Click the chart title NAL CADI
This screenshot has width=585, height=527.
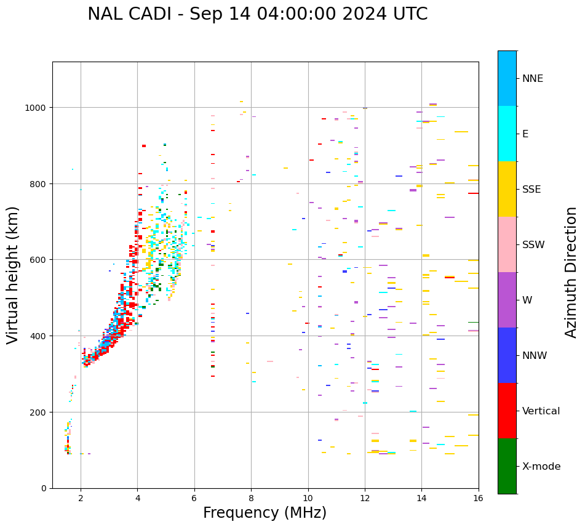click(x=257, y=14)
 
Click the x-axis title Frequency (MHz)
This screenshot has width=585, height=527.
click(x=265, y=513)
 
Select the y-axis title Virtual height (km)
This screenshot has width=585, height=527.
click(x=13, y=275)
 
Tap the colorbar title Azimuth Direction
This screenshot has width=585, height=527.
click(x=571, y=272)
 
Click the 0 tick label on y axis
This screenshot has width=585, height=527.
click(x=44, y=488)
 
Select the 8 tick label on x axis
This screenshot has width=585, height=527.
click(x=251, y=499)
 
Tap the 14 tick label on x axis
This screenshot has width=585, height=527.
click(x=421, y=499)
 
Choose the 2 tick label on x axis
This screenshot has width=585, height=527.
click(x=81, y=499)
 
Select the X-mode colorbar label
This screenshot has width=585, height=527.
click(x=541, y=466)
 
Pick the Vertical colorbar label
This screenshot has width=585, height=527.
click(x=541, y=411)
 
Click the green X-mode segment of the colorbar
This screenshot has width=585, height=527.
click(x=507, y=466)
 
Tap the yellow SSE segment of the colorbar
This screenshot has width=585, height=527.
click(x=507, y=189)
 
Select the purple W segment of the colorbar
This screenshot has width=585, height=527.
click(x=507, y=300)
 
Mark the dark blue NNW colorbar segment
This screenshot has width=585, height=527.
click(x=507, y=355)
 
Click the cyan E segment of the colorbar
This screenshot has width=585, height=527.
click(x=507, y=134)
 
